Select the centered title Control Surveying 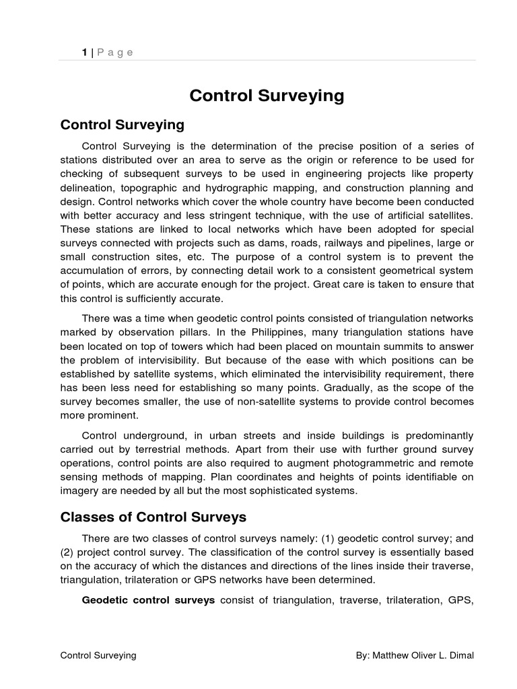click(267, 96)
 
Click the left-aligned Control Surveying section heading click(122, 125)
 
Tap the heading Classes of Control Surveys click(153, 517)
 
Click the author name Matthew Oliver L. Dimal click(423, 655)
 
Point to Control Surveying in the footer click(98, 655)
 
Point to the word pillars click(202, 332)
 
